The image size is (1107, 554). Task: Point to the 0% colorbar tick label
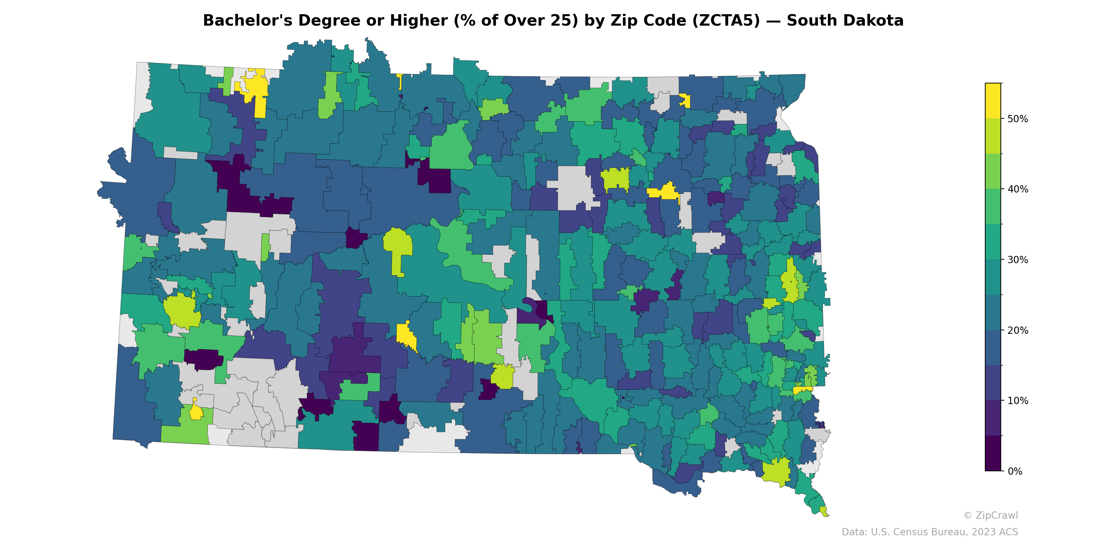[1015, 471]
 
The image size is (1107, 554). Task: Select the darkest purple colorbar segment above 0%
[993, 453]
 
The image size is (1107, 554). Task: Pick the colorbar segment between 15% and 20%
[993, 348]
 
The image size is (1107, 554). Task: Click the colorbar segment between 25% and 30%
[993, 277]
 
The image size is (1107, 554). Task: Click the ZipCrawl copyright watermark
[990, 515]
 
